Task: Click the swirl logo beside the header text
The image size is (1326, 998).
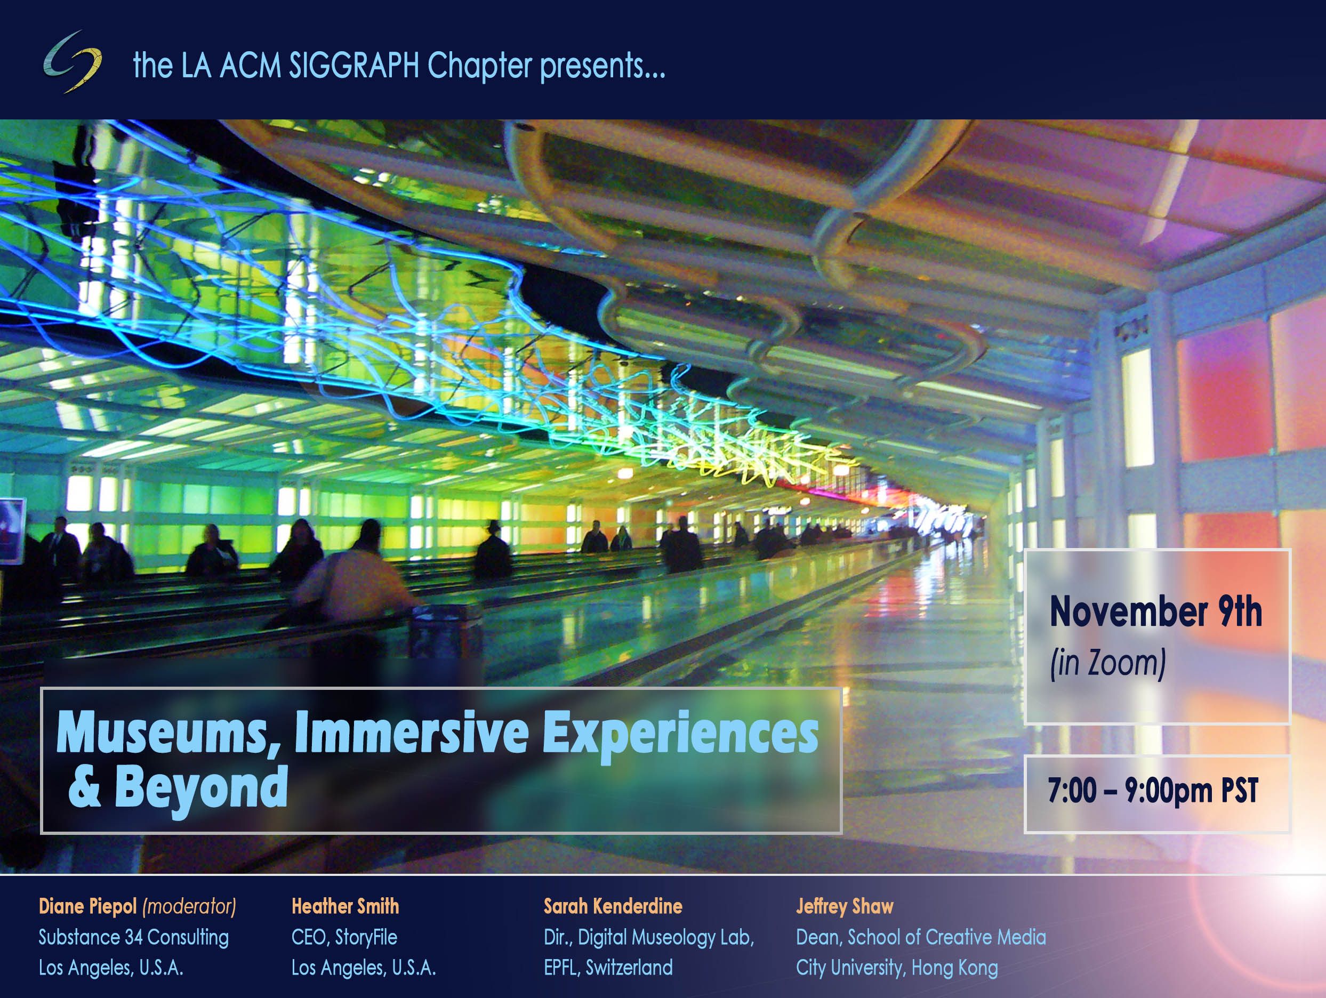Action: tap(72, 62)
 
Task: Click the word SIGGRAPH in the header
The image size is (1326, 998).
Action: tap(353, 66)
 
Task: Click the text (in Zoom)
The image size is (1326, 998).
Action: tap(1108, 664)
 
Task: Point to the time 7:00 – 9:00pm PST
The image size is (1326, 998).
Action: tap(1153, 790)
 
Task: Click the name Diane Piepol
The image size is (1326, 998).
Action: tap(87, 906)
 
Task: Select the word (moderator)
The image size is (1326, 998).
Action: tap(189, 906)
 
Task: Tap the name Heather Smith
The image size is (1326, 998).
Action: tap(345, 906)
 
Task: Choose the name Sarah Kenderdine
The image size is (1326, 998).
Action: tap(613, 906)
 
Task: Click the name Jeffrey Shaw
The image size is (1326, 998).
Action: tap(845, 906)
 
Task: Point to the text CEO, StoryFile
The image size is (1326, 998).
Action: tap(344, 937)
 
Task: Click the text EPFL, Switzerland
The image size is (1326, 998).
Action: tap(608, 968)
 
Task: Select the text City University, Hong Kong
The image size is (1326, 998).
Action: tap(897, 968)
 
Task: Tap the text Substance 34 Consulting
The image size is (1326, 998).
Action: tap(134, 937)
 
